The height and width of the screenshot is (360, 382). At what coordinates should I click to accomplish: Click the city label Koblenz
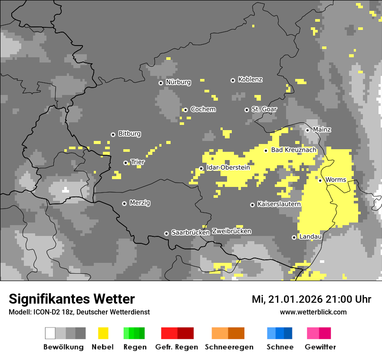tap(250, 79)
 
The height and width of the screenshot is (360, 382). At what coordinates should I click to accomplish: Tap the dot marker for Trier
tap(126, 163)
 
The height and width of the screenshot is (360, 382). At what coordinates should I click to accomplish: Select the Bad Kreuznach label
tap(293, 150)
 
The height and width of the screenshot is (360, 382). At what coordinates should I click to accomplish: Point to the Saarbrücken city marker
tap(166, 233)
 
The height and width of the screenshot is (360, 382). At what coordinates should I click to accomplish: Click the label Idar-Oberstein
tap(228, 167)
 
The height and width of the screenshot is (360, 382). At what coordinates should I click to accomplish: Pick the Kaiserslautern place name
tap(279, 204)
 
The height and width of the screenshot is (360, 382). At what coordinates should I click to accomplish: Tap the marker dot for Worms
tap(320, 180)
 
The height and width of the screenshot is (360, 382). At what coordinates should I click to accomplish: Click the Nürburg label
tap(178, 82)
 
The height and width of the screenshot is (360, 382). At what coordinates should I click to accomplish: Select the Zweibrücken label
tap(231, 231)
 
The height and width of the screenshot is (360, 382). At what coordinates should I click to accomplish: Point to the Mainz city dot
tap(307, 130)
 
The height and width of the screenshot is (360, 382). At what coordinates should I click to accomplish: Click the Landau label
tap(310, 237)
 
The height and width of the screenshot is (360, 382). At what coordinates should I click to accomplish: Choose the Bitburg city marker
tap(113, 134)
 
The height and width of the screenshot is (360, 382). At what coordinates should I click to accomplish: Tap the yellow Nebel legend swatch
tap(103, 333)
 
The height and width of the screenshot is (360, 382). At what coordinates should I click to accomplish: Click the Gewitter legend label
tap(320, 347)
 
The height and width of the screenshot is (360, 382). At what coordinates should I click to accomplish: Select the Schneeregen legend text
tap(229, 347)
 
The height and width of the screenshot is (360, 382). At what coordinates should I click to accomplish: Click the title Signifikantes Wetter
tap(72, 299)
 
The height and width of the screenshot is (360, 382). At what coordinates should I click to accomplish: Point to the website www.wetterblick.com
tap(313, 312)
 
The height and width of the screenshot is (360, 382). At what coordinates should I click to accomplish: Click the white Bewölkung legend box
tap(50, 333)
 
